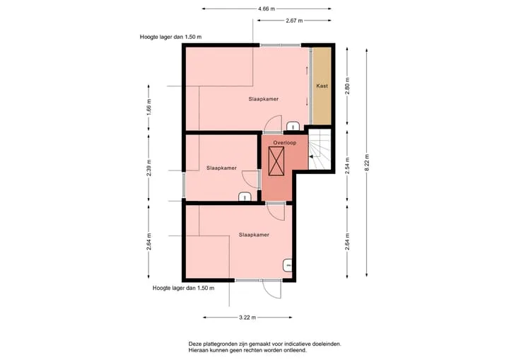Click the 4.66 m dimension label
pyautogui.click(x=267, y=8)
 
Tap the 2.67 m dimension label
pyautogui.click(x=294, y=21)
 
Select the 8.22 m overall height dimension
pyautogui.click(x=367, y=163)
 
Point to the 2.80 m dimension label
pyautogui.click(x=347, y=86)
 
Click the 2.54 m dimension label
pyautogui.click(x=347, y=166)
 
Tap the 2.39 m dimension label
pyautogui.click(x=148, y=168)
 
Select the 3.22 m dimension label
pyautogui.click(x=247, y=318)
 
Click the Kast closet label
pyautogui.click(x=322, y=86)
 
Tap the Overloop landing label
pyautogui.click(x=285, y=143)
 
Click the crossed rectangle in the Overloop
pyautogui.click(x=276, y=161)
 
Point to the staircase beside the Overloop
pyautogui.click(x=320, y=149)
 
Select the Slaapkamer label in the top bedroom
pyautogui.click(x=264, y=99)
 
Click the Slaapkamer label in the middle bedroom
pyautogui.click(x=221, y=168)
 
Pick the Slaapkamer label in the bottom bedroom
pyautogui.click(x=254, y=235)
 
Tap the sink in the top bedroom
pyautogui.click(x=293, y=126)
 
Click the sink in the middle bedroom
pyautogui.click(x=245, y=197)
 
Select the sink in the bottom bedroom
pyautogui.click(x=288, y=265)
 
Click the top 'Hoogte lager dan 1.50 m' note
pyautogui.click(x=171, y=37)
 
